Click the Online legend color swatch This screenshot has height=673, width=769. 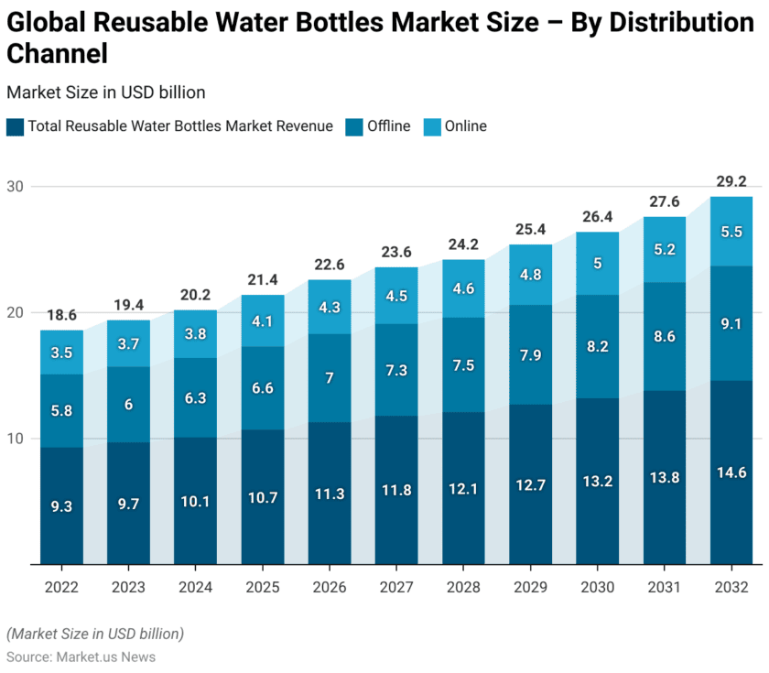pyautogui.click(x=431, y=127)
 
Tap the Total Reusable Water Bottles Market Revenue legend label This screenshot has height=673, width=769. pyautogui.click(x=180, y=126)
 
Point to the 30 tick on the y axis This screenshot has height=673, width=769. pyautogui.click(x=16, y=187)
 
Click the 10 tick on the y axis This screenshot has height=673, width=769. pyautogui.click(x=16, y=439)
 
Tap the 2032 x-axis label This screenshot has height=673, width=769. pyautogui.click(x=731, y=586)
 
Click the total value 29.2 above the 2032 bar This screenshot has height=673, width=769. pyautogui.click(x=731, y=181)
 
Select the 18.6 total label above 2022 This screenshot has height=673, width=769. pyautogui.click(x=62, y=315)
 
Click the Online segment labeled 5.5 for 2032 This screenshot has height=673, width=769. pyautogui.click(x=731, y=232)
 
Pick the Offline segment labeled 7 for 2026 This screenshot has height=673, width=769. pyautogui.click(x=330, y=378)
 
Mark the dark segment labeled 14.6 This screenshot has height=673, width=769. pyautogui.click(x=731, y=473)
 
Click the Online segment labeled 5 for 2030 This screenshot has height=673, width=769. pyautogui.click(x=598, y=264)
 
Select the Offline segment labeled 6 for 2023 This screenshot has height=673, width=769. pyautogui.click(x=129, y=405)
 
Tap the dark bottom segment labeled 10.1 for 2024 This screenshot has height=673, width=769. pyautogui.click(x=196, y=501)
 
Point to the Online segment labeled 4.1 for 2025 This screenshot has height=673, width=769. pyautogui.click(x=263, y=321)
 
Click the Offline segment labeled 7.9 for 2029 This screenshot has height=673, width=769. pyautogui.click(x=531, y=355)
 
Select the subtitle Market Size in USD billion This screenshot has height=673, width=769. pyautogui.click(x=105, y=92)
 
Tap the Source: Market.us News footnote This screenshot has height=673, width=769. pyautogui.click(x=81, y=657)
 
